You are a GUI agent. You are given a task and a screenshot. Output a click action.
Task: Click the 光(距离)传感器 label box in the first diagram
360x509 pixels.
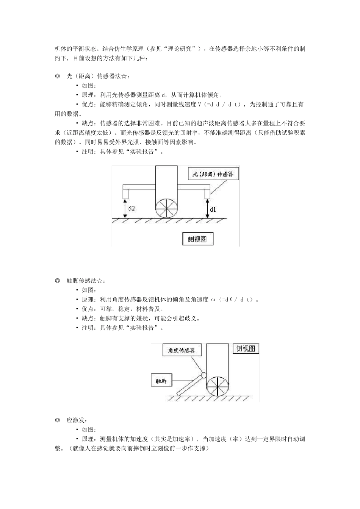[x=213, y=174]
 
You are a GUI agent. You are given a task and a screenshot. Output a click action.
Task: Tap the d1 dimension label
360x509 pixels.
[x=213, y=209]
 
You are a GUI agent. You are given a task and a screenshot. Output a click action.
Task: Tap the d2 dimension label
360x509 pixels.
[x=131, y=208]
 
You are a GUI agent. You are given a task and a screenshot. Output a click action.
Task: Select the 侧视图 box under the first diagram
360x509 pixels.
[x=198, y=239]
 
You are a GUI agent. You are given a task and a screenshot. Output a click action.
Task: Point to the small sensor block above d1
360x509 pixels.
[x=207, y=194]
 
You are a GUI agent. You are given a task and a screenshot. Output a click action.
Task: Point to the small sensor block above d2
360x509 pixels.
[x=125, y=194]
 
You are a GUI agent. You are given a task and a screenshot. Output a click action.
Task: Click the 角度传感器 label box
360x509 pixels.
[x=182, y=350]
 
